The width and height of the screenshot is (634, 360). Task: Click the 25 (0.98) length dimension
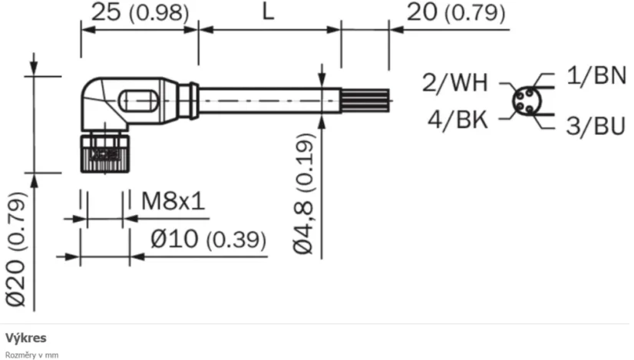point(139,13)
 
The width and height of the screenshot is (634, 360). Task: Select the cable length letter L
point(268,13)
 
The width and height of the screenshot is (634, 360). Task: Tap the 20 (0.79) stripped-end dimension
point(456,13)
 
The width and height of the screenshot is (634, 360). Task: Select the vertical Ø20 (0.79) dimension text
point(17,247)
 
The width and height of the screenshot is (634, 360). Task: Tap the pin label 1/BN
point(596,75)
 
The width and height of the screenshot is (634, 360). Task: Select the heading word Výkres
point(26,338)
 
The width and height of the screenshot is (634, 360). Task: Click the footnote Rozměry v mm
point(31,355)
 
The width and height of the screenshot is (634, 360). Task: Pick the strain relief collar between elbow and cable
point(187,101)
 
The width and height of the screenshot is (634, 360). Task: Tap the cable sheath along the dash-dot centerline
point(269,101)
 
